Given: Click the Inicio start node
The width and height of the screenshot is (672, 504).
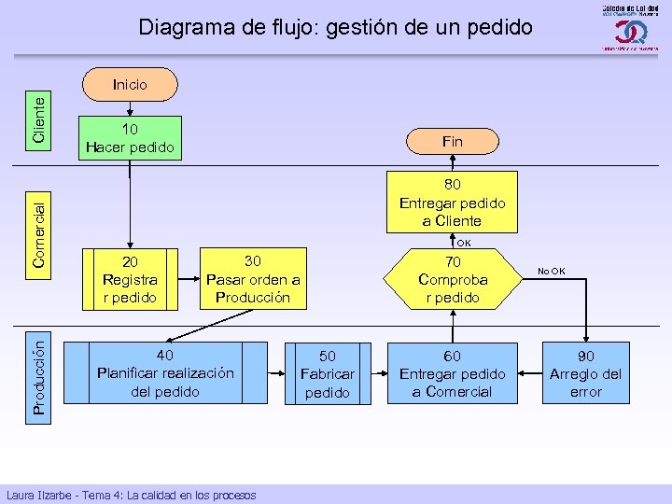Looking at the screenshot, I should tap(130, 84).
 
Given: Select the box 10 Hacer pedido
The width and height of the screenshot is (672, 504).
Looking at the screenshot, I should tap(130, 137).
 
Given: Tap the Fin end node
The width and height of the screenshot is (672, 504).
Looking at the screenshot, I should tap(452, 141).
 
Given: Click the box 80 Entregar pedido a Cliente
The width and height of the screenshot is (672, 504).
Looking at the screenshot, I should tap(452, 203).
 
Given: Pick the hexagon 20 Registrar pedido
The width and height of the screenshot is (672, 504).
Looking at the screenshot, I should tap(130, 279).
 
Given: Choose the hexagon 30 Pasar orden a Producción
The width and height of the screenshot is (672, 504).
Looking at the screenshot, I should tap(252, 279).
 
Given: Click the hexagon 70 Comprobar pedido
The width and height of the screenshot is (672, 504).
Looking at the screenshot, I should tap(452, 279).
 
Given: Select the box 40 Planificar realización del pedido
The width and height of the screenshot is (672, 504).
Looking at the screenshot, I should tap(165, 372).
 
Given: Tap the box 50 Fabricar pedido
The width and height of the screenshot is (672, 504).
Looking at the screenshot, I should tap(328, 373).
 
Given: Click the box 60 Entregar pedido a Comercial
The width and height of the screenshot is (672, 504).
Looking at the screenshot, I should tap(452, 373).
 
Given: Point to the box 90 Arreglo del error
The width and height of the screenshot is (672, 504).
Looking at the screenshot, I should tap(585, 373).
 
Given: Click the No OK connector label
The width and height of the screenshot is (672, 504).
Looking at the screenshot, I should tap(551, 272).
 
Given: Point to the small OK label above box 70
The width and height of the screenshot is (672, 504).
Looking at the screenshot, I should tap(463, 243).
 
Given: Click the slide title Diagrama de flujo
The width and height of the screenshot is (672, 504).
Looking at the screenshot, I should tap(335, 27).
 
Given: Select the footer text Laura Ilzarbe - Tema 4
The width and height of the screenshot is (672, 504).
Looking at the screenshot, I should tap(131, 495).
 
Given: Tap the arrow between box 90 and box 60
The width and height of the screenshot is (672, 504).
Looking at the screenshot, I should tap(530, 373).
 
